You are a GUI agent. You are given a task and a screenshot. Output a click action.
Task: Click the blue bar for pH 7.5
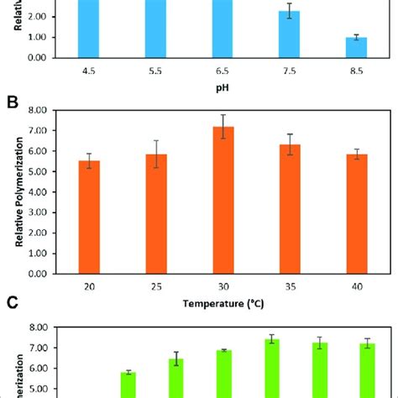(289, 34)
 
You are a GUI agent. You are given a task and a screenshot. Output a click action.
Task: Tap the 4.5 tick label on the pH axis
(87, 72)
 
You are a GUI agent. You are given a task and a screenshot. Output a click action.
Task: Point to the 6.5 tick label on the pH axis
(222, 72)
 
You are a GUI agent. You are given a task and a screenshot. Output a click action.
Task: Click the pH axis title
(222, 86)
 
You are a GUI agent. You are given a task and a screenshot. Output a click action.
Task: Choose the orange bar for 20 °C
(88, 217)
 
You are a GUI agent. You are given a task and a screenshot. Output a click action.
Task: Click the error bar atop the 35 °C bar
(290, 144)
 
